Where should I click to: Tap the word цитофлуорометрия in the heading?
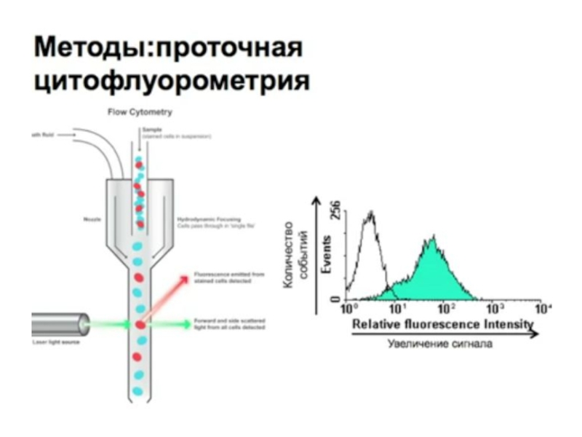(172, 79)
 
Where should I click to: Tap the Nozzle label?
(92, 219)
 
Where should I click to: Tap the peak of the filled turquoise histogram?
(432, 239)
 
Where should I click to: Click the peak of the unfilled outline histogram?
(372, 212)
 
